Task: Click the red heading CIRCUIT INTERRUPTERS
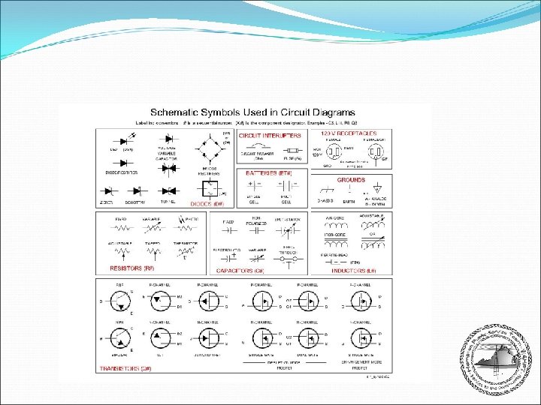[x=270, y=136]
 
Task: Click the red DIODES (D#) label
[x=207, y=204]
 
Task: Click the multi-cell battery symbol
[x=286, y=189]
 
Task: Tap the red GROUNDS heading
[x=351, y=180]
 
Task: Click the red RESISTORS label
[x=132, y=268]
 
